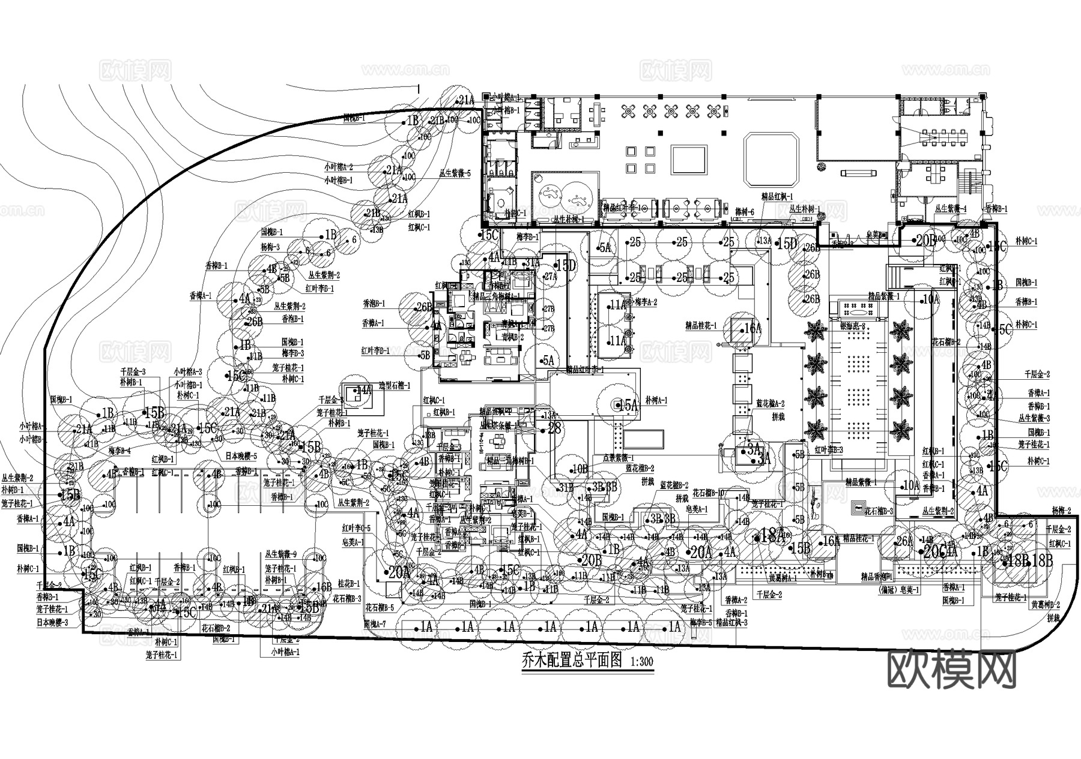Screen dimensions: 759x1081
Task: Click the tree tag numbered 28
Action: pos(554,428)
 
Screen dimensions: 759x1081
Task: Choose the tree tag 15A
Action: pos(628,406)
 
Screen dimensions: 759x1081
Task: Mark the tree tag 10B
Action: pos(580,469)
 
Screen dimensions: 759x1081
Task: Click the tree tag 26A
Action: pos(904,542)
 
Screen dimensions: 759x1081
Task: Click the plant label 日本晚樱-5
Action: pos(240,457)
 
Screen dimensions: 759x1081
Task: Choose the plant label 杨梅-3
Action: pos(270,247)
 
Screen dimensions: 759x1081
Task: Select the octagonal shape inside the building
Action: pos(771,160)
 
